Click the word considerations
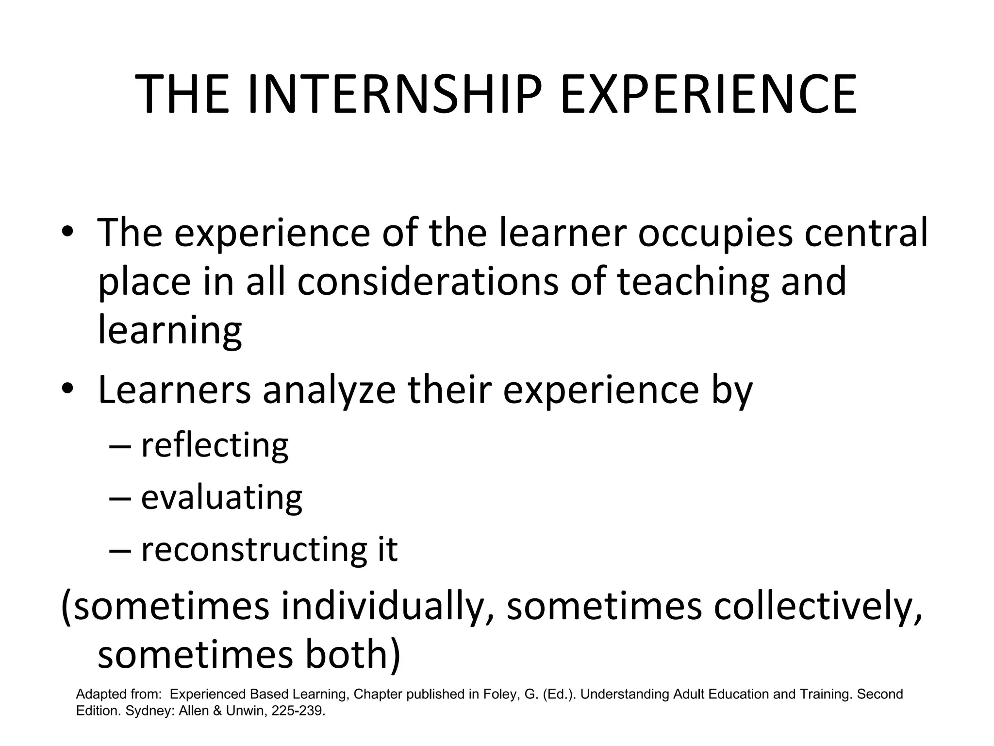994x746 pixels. (x=428, y=282)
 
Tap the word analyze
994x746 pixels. (x=329, y=391)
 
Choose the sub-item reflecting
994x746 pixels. (x=215, y=446)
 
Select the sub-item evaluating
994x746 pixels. (x=221, y=498)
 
